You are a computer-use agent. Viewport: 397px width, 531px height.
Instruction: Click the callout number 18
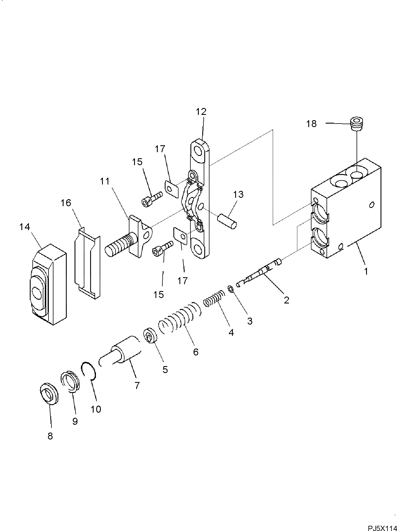[x=311, y=124]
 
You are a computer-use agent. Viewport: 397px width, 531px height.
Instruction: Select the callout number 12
[x=201, y=112]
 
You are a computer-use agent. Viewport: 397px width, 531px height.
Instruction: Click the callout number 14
[x=25, y=227]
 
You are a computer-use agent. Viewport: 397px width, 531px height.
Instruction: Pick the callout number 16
[x=66, y=203]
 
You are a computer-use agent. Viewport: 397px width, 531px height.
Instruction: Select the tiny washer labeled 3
[x=230, y=288]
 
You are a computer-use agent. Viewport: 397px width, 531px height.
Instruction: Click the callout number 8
[x=50, y=436]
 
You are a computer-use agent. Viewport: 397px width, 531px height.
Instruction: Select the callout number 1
[x=366, y=271]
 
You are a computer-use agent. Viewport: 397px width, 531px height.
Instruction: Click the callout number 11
[x=105, y=181]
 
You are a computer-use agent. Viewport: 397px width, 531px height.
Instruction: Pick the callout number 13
[x=238, y=194]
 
